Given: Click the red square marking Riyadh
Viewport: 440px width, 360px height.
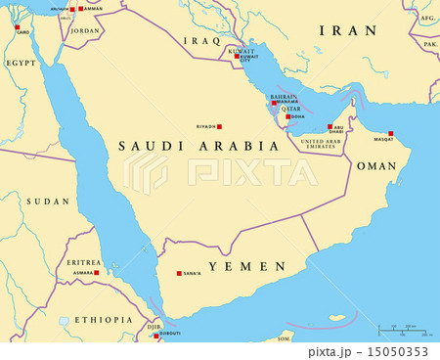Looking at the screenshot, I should click(x=219, y=126).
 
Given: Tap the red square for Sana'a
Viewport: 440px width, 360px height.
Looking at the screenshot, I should click(x=177, y=274).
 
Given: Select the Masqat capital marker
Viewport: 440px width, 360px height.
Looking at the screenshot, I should click(x=390, y=134).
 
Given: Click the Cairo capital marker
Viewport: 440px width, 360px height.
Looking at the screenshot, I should click(x=17, y=27).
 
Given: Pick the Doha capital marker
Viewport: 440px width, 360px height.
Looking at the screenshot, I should click(x=287, y=116).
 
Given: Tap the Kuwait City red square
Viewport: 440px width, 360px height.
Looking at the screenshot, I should click(x=235, y=56).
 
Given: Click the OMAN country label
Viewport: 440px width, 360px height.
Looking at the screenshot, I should click(x=376, y=166).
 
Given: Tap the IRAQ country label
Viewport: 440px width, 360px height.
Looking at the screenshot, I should click(x=203, y=41).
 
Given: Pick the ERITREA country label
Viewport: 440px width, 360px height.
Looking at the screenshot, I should click(x=84, y=262).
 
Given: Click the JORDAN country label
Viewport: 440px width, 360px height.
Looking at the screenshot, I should click(x=86, y=30).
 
